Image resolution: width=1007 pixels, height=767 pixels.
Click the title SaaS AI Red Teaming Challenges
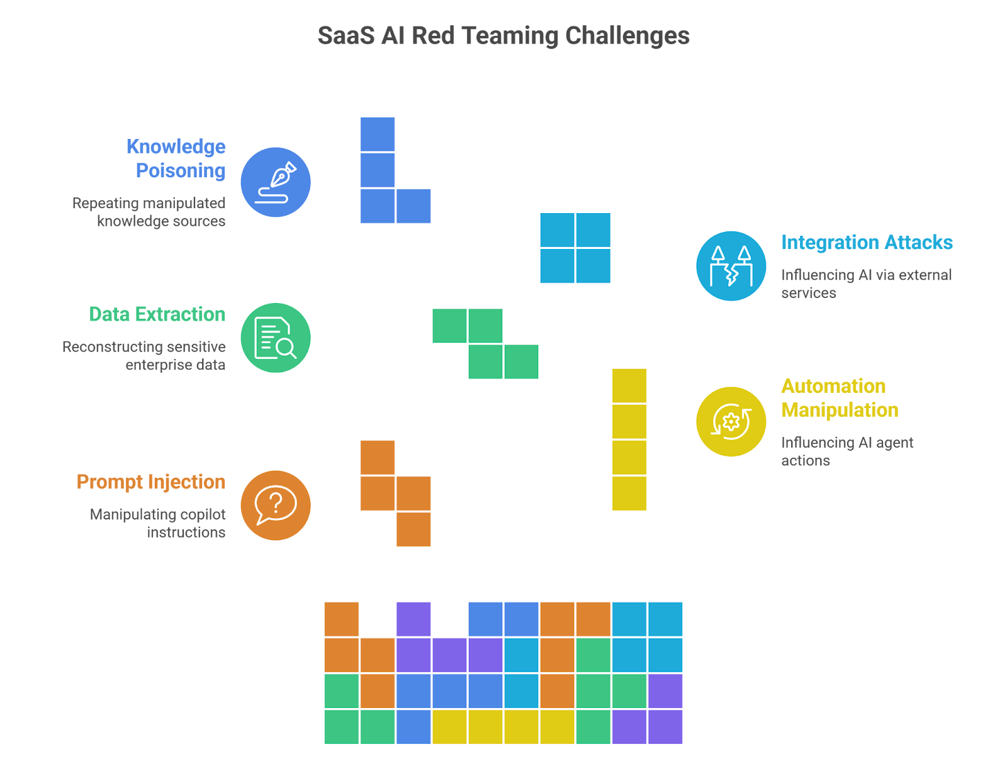click(503, 36)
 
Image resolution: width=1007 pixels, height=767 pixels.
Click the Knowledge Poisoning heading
click(176, 158)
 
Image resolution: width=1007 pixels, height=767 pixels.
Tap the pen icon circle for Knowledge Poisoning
click(276, 182)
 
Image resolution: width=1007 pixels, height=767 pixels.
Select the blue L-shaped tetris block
click(378, 189)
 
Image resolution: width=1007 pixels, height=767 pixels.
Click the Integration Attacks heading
click(867, 243)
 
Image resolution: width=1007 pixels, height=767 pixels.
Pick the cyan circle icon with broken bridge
click(731, 266)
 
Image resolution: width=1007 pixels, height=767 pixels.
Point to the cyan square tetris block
click(575, 248)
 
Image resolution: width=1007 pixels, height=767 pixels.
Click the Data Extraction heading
click(157, 314)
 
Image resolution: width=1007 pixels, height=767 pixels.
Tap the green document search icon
click(276, 338)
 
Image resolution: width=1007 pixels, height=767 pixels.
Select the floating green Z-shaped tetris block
click(485, 343)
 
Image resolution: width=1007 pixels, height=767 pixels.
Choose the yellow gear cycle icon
click(731, 421)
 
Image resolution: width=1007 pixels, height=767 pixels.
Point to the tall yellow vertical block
click(629, 440)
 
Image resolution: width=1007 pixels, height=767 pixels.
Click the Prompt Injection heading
click(151, 482)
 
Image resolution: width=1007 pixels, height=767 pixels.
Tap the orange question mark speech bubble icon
click(276, 505)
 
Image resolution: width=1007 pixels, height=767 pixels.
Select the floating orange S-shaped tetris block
click(395, 494)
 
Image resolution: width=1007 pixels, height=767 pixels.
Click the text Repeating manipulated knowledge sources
click(149, 212)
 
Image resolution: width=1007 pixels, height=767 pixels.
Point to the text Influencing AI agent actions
click(847, 452)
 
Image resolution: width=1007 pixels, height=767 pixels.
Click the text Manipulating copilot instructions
click(158, 524)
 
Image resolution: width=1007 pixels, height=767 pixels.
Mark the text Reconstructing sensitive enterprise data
click(144, 356)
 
